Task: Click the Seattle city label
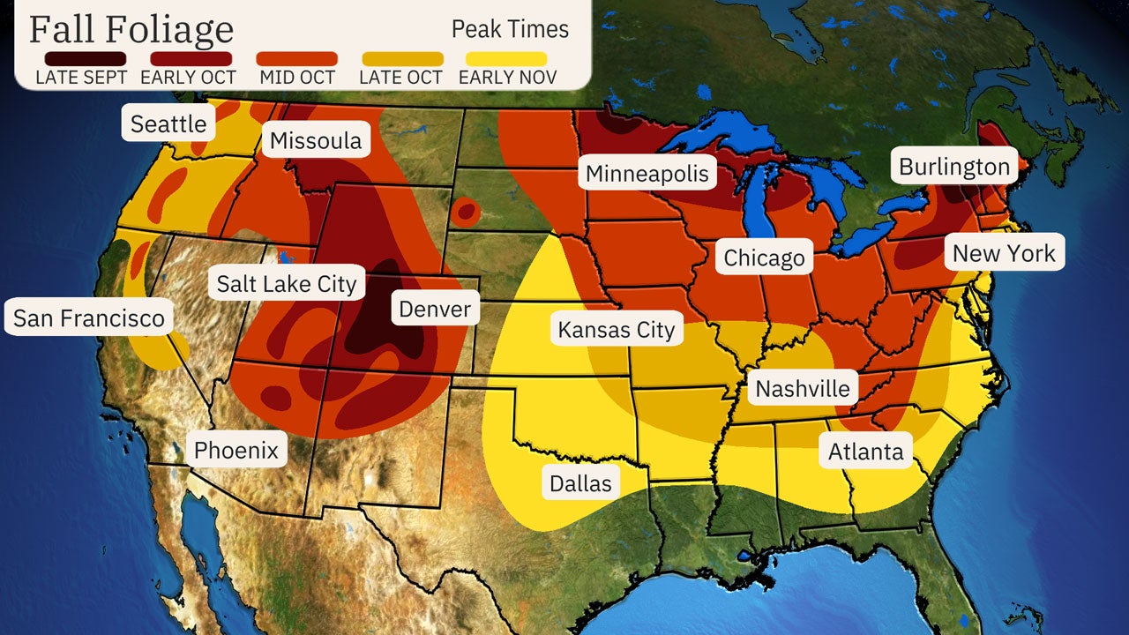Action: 168,124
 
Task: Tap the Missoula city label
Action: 316,141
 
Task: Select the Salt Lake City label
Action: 287,283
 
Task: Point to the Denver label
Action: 435,310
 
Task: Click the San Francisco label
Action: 88,317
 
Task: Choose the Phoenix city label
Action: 236,451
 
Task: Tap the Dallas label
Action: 579,483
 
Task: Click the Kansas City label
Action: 616,330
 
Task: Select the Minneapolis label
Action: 647,173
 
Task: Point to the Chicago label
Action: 764,258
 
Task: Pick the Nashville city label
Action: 803,389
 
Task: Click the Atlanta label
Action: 865,452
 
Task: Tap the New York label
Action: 1004,254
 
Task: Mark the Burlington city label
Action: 953,167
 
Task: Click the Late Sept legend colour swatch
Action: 81,59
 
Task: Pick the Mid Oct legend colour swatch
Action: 296,59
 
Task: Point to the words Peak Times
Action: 510,28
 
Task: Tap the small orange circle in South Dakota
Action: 466,213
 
